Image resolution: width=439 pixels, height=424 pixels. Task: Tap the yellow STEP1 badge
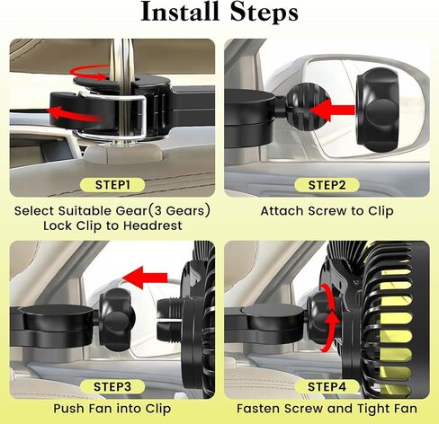pos(112,184)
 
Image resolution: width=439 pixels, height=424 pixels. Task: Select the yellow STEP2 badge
pos(326,184)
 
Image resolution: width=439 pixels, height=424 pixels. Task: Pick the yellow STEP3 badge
pos(112,387)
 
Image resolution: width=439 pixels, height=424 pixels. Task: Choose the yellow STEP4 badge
pos(326,387)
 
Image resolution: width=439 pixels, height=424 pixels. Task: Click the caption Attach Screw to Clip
pos(326,212)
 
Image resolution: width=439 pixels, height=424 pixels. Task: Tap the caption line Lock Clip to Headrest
pos(112,225)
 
